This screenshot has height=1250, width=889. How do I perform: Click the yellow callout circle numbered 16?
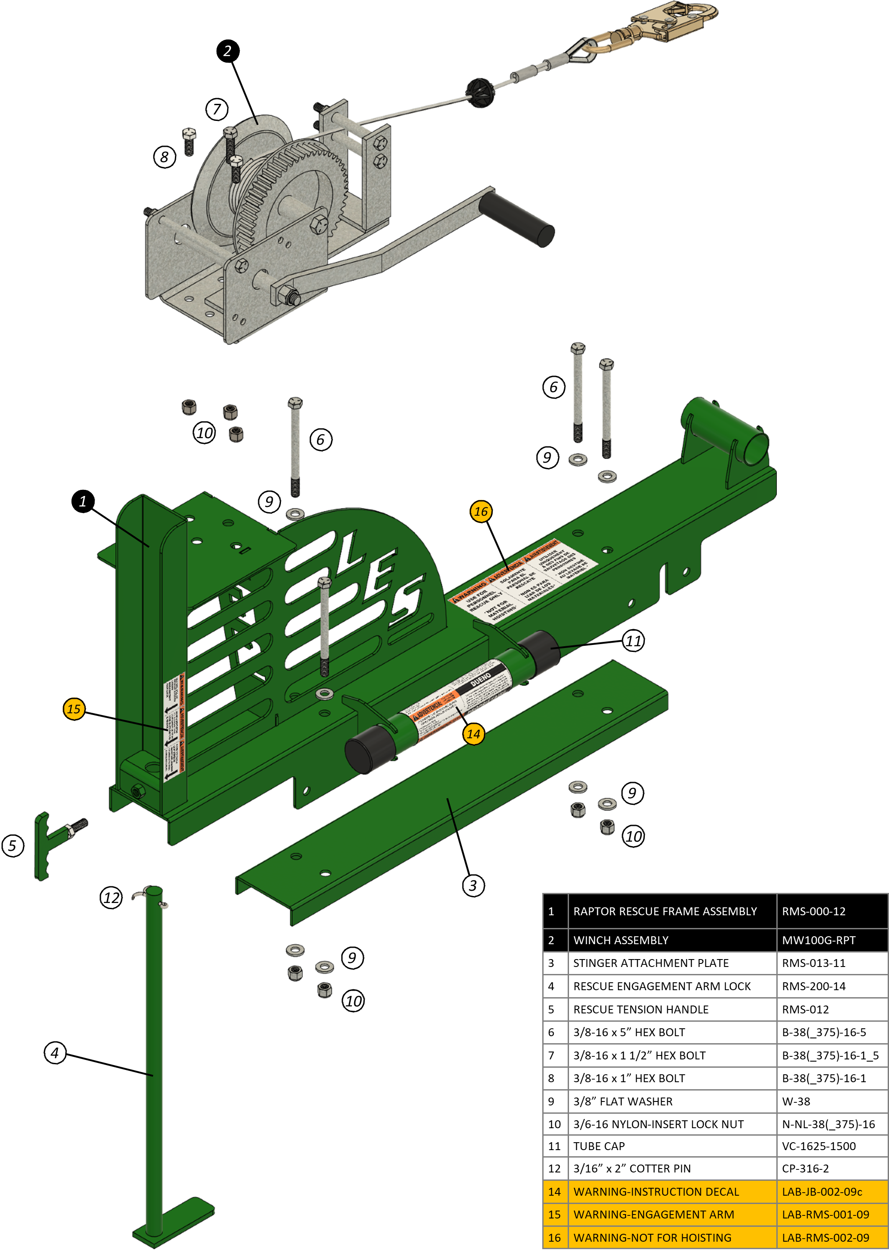[480, 511]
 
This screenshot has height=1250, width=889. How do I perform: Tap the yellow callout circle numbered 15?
[74, 709]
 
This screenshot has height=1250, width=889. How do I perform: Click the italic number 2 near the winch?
[227, 51]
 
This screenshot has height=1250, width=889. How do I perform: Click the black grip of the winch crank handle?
[517, 219]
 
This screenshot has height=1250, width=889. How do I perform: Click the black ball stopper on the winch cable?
[480, 92]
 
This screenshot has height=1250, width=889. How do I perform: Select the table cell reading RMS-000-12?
[814, 911]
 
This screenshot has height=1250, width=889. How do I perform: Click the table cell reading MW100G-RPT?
[818, 940]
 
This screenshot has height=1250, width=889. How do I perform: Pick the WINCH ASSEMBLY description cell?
[621, 940]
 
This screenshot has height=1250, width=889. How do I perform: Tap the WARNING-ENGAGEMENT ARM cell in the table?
[654, 1215]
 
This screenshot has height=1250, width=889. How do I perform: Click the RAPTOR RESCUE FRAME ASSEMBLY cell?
[665, 911]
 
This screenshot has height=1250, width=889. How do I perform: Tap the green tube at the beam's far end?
[728, 432]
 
